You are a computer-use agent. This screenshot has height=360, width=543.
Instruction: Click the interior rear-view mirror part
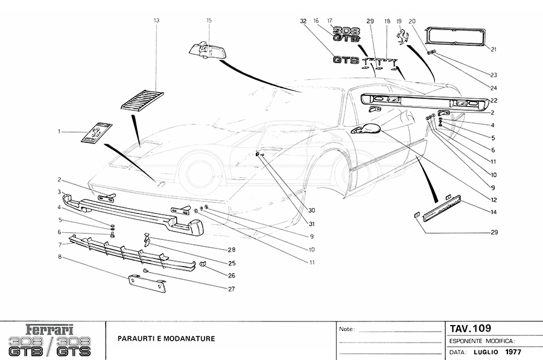(209, 50)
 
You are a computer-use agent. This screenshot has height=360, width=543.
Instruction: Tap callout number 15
(209, 21)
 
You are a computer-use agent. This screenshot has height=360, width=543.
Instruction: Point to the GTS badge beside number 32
(346, 60)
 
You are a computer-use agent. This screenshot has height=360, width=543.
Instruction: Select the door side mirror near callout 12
(366, 129)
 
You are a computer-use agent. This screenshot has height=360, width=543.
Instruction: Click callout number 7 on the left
(60, 245)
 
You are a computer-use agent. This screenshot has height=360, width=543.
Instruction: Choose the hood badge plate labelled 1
(97, 133)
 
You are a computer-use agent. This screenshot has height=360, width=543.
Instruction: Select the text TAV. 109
(471, 329)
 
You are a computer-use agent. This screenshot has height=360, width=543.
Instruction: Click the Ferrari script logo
(50, 330)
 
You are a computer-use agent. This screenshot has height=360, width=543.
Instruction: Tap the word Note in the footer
(346, 330)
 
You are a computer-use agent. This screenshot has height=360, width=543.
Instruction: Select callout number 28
(231, 250)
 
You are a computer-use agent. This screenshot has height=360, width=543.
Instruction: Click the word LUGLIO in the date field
(485, 352)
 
